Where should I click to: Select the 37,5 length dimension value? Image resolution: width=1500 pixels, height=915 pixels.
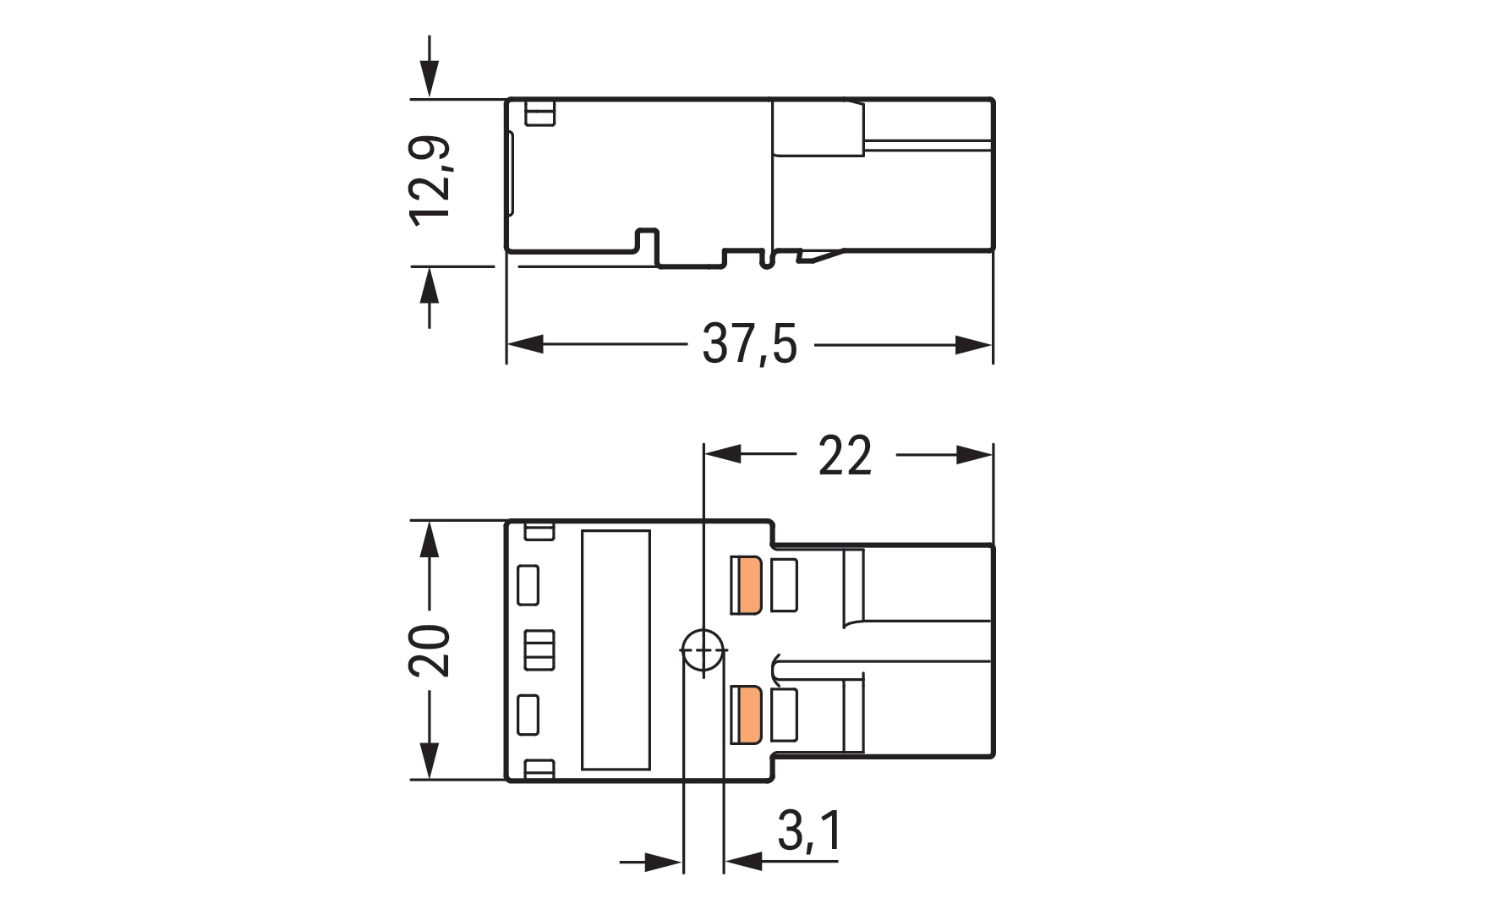pos(749,345)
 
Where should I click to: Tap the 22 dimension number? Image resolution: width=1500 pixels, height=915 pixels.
pos(845,456)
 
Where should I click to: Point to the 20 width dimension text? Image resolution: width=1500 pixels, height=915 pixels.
pos(430,650)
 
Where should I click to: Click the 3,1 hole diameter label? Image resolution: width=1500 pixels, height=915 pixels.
pos(809,831)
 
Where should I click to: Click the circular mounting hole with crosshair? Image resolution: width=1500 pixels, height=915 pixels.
pos(703,652)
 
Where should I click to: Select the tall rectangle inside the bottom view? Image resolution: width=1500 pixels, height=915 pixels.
pos(616,650)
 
